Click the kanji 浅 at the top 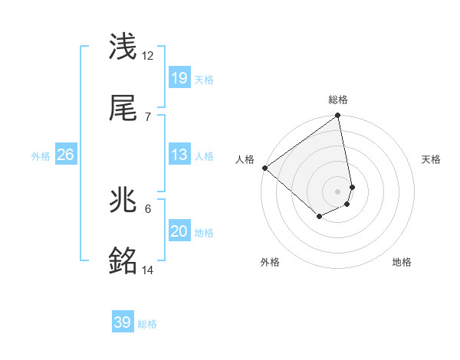pyautogui.click(x=124, y=47)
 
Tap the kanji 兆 pyautogui.click(x=124, y=201)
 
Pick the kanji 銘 pyautogui.click(x=124, y=262)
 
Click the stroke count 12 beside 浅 pyautogui.click(x=148, y=56)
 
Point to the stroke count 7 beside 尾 pyautogui.click(x=148, y=116)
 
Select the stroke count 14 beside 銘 pyautogui.click(x=148, y=270)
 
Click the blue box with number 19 pyautogui.click(x=179, y=77)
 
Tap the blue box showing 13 pyautogui.click(x=179, y=155)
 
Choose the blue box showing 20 pyautogui.click(x=179, y=231)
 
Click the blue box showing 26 pyautogui.click(x=66, y=155)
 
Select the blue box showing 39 pyautogui.click(x=123, y=322)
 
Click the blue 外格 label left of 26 pyautogui.click(x=41, y=156)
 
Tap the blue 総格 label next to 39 pyautogui.click(x=147, y=324)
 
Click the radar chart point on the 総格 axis pyautogui.click(x=338, y=116)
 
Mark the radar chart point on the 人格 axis pyautogui.click(x=264, y=168)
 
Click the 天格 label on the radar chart pyautogui.click(x=431, y=159)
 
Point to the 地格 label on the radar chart pyautogui.click(x=402, y=262)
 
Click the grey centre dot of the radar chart pyautogui.click(x=338, y=191)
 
